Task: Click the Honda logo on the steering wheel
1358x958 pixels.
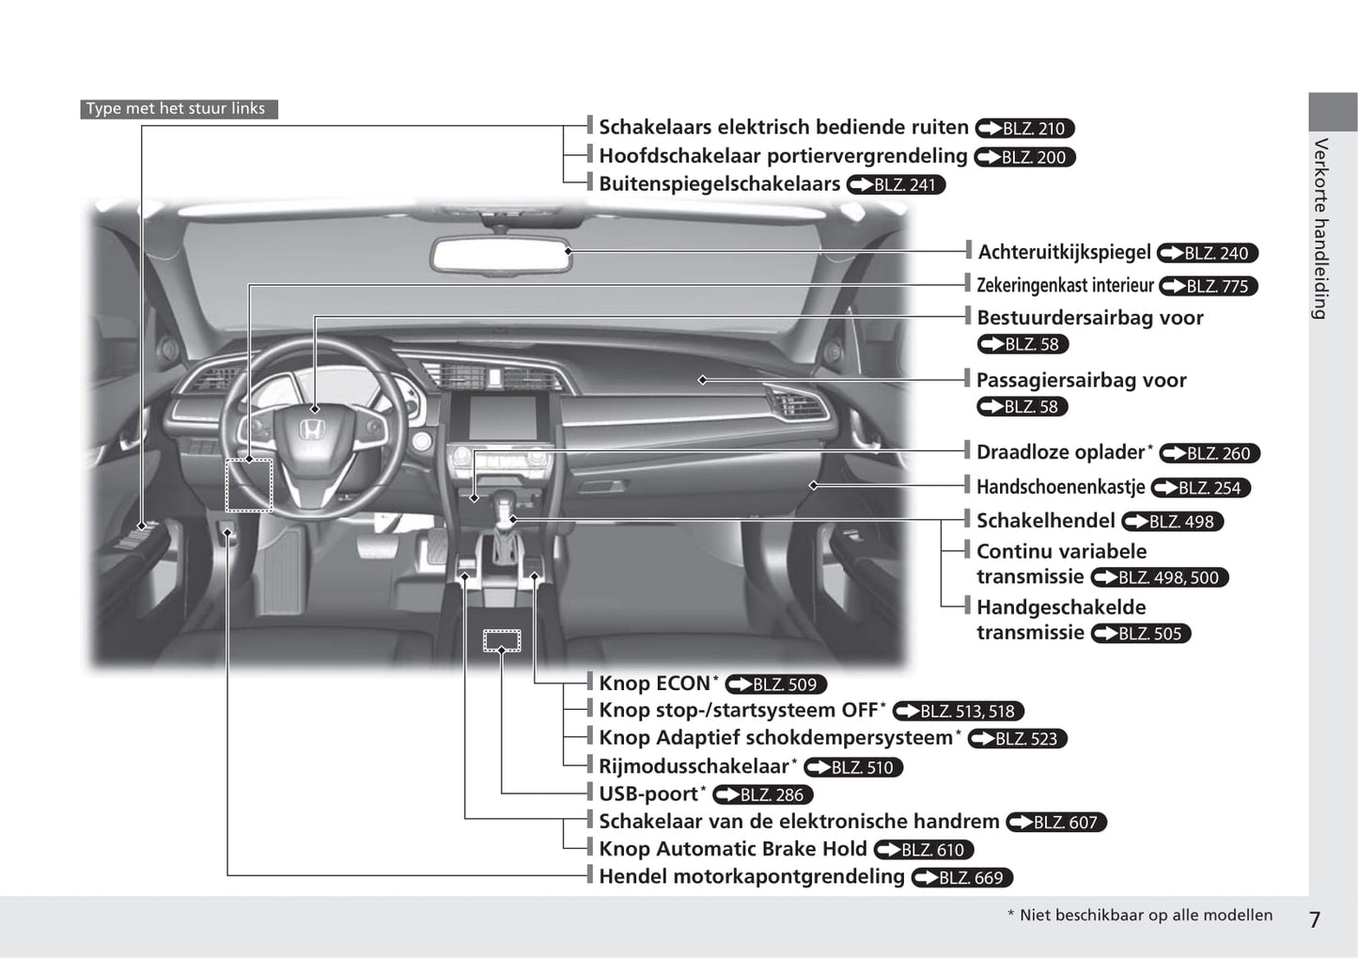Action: pos(310,431)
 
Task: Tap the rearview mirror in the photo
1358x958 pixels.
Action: pos(501,255)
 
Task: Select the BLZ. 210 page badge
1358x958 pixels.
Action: pos(1024,129)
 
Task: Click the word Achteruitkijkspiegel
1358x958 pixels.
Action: pos(1064,252)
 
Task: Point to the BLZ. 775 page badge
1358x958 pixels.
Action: pos(1209,286)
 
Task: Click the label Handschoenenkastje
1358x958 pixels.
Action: pos(1060,486)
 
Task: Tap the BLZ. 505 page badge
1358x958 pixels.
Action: pos(1140,634)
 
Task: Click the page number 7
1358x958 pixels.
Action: pos(1315,920)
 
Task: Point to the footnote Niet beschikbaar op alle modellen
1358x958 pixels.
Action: pos(1140,915)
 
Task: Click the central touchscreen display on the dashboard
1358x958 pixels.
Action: pos(502,417)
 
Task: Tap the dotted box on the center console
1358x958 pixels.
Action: pos(501,641)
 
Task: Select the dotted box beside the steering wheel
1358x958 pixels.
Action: pos(248,485)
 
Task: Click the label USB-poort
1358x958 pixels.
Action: pos(651,793)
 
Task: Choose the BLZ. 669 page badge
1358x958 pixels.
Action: pos(961,877)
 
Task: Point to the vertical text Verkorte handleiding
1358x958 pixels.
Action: pos(1320,228)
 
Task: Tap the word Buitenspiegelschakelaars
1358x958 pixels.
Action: pos(720,183)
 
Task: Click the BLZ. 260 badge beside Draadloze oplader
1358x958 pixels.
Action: pos(1210,453)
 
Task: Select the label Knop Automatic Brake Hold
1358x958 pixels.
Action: pos(733,849)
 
